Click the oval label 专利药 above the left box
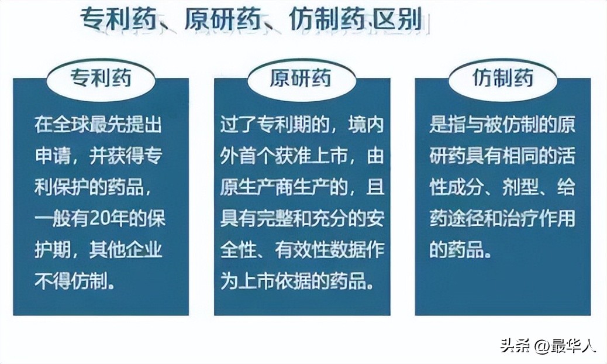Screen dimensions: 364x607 click(x=101, y=78)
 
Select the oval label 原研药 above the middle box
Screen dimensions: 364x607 click(x=301, y=78)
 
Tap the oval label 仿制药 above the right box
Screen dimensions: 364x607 click(x=502, y=78)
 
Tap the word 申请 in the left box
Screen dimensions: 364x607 click(x=49, y=156)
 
